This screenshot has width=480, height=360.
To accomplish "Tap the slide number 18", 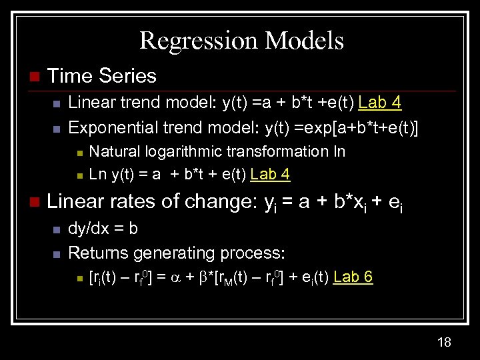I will click(x=445, y=342).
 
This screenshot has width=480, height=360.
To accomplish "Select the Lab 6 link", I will click(x=353, y=277).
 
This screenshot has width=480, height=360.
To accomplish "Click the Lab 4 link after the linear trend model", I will click(x=380, y=102).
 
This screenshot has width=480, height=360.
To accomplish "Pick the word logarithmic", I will click(x=181, y=151).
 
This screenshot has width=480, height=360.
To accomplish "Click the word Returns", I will click(x=99, y=253).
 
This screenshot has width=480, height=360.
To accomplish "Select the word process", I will click(x=255, y=253).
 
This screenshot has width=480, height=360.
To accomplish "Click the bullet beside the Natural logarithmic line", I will click(x=79, y=153).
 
